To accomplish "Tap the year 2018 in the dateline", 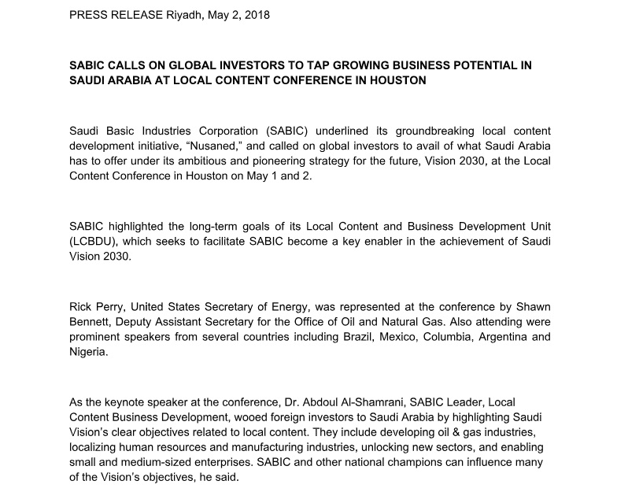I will pyautogui.click(x=256, y=15).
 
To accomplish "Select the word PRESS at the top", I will pyautogui.click(x=87, y=15).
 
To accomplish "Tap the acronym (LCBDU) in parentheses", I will pyautogui.click(x=91, y=241).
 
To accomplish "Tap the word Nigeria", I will pyautogui.click(x=89, y=352).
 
